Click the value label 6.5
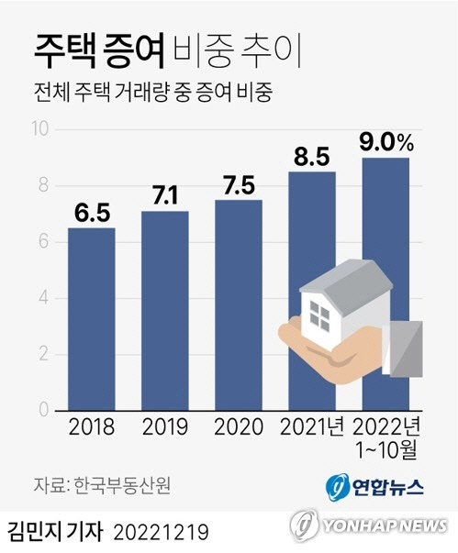(x=91, y=212)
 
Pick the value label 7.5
(x=239, y=184)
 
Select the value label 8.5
(x=312, y=156)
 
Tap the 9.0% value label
(x=385, y=143)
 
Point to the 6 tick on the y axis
(x=43, y=242)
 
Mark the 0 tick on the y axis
(x=43, y=411)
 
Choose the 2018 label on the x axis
(x=91, y=427)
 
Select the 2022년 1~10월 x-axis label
(x=385, y=437)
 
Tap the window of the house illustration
(x=320, y=315)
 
